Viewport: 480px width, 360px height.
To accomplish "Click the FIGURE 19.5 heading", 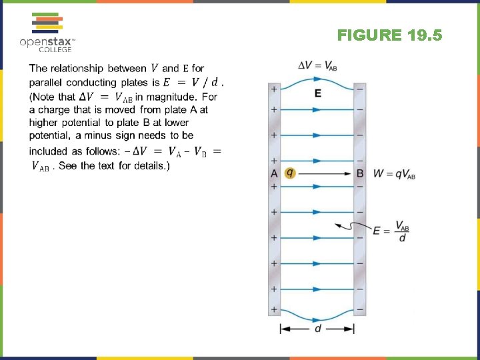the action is click(389, 35).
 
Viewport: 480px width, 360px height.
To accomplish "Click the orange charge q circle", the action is click(289, 173).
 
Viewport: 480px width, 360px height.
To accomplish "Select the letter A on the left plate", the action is click(274, 173).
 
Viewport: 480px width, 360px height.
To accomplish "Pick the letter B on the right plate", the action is click(360, 173).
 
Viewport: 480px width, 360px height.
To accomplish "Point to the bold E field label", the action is click(317, 93).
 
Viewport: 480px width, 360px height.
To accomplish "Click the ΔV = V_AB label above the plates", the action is click(317, 65).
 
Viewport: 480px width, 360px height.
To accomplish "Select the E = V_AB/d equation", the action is click(391, 231).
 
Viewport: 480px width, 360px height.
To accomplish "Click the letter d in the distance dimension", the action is click(317, 329).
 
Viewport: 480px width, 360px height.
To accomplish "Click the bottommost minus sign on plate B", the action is click(360, 310).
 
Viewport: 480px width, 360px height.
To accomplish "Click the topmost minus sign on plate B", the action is click(360, 89).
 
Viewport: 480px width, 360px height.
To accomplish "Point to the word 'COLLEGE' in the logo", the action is click(55, 49).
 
